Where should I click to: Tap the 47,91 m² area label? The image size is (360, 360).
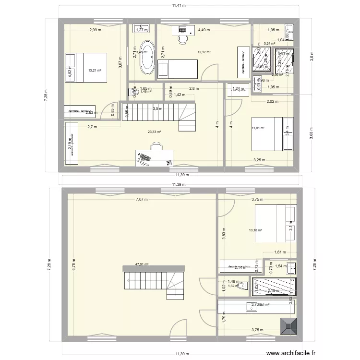coord(142,264)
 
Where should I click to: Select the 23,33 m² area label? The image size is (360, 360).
coord(154,132)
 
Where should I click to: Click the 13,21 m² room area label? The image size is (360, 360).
coord(94,70)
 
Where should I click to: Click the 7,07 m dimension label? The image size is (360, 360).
coord(142,200)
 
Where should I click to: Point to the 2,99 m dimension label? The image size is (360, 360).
coord(94,30)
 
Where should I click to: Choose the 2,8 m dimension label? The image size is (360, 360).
coord(193,89)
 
